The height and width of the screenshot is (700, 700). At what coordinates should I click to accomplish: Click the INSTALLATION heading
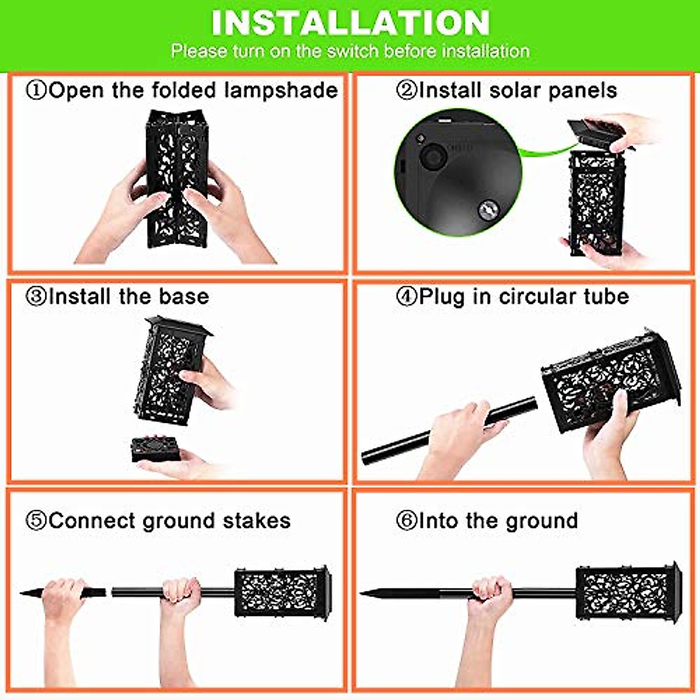[350, 23]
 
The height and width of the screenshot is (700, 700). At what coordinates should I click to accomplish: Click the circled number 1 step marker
[36, 91]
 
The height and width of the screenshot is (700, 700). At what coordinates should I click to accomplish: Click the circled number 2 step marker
[407, 91]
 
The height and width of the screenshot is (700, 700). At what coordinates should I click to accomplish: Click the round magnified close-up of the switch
[459, 172]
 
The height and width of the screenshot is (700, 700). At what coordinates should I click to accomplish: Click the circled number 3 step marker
[36, 297]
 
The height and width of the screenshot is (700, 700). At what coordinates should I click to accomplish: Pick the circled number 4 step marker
[406, 297]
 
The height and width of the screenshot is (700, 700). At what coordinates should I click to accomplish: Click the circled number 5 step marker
[36, 521]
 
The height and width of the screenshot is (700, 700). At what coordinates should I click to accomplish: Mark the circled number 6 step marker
[406, 521]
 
